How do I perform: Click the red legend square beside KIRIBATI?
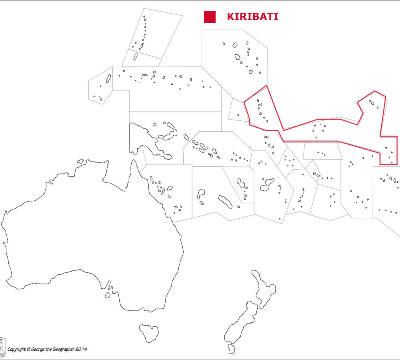click(210, 17)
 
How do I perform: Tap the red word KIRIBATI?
click(252, 17)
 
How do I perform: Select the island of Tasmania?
click(149, 332)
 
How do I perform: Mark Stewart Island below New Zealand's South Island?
click(232, 349)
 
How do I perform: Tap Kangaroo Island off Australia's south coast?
click(107, 295)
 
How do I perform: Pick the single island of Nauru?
click(238, 115)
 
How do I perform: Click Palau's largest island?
click(108, 78)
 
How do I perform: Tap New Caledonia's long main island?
click(225, 202)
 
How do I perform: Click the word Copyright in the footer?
click(17, 349)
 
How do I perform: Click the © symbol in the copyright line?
click(29, 349)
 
